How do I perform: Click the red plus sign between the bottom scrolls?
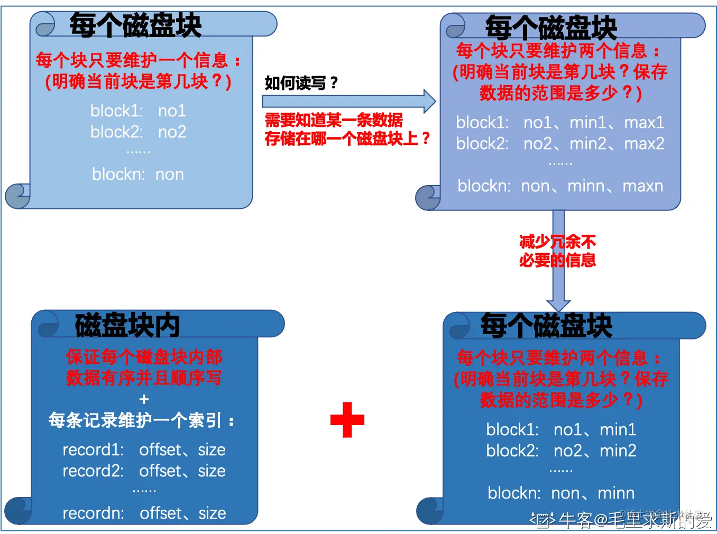[347, 420]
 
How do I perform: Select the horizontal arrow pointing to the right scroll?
[349, 101]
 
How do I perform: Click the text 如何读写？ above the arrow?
[301, 83]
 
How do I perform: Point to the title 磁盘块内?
[127, 325]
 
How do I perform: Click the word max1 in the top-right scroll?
[644, 123]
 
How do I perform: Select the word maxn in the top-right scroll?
[642, 186]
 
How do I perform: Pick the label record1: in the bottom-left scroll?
[93, 450]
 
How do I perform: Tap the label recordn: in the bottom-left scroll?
[93, 513]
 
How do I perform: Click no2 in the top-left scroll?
[172, 132]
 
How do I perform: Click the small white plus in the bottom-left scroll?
[144, 399]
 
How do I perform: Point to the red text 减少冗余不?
[557, 242]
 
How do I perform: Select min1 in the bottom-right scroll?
[618, 430]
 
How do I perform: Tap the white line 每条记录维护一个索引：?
[142, 421]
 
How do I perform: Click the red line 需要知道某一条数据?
[334, 120]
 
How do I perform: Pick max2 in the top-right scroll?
[644, 144]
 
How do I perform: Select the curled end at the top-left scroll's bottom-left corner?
[18, 196]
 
